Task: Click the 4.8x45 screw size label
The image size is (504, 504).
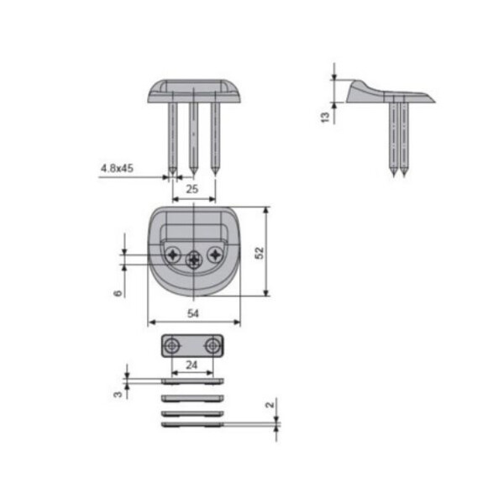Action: pos(117,168)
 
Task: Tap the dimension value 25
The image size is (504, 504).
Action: pos(192,189)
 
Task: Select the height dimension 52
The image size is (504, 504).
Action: pos(260,253)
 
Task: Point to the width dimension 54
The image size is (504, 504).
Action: pos(193,313)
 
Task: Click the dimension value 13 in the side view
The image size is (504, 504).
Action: pos(325,117)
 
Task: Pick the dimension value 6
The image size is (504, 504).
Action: pos(118,293)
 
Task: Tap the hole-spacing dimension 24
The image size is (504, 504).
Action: pos(192,365)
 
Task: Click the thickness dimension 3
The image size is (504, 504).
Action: pos(118,394)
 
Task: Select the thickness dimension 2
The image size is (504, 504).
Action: pos(270,405)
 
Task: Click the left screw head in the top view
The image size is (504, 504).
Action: pos(173,255)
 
